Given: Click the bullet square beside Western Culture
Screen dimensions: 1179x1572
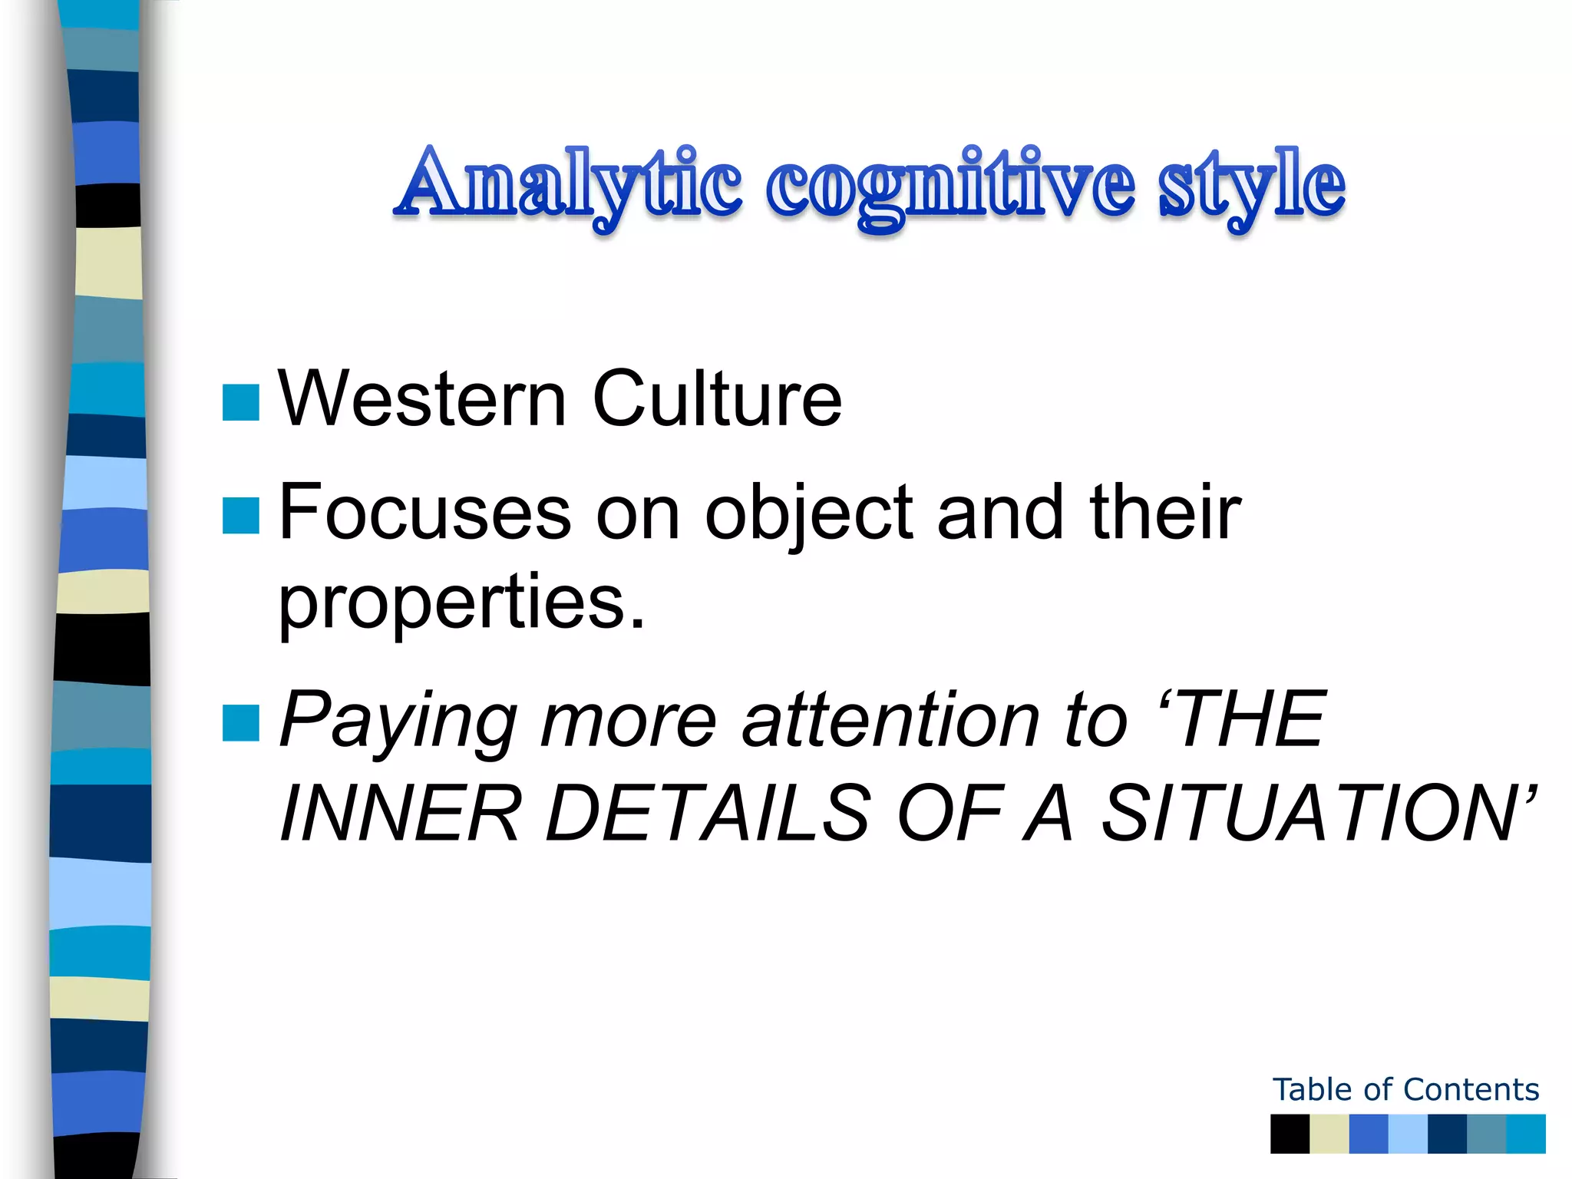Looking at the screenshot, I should pyautogui.click(x=240, y=403).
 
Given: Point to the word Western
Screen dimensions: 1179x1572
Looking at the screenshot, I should pyautogui.click(x=422, y=399).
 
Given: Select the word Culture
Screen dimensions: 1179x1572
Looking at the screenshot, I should pyautogui.click(x=717, y=399).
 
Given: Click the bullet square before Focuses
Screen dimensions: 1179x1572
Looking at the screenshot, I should pyautogui.click(x=240, y=515).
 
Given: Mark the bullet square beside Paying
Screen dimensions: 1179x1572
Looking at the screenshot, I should pyautogui.click(x=240, y=723).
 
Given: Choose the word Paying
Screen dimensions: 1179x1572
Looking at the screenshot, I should pyautogui.click(x=399, y=722).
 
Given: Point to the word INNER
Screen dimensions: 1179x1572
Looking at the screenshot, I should pyautogui.click(x=400, y=814).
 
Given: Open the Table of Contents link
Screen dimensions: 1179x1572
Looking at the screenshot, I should pyautogui.click(x=1405, y=1090).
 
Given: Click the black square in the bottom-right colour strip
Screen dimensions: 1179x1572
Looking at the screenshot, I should pyautogui.click(x=1290, y=1134).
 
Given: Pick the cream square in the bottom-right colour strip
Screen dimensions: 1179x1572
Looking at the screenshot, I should pyautogui.click(x=1329, y=1134).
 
